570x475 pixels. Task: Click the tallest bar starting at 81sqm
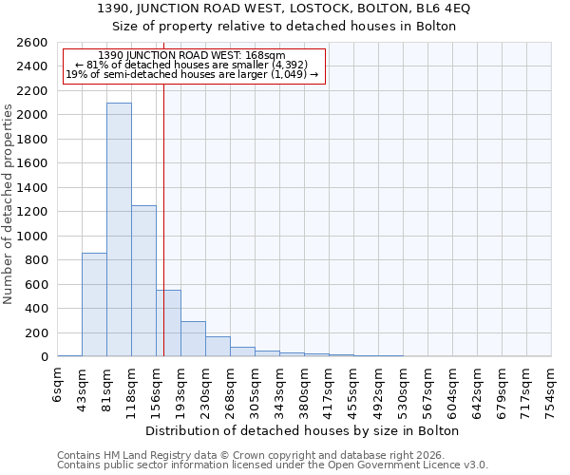click(119, 229)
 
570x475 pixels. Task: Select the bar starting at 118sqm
click(143, 280)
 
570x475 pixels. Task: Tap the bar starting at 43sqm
click(94, 304)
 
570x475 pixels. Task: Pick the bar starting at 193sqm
click(193, 339)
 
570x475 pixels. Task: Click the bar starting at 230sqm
click(218, 347)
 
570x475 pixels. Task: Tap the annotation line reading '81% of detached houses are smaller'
click(193, 65)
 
